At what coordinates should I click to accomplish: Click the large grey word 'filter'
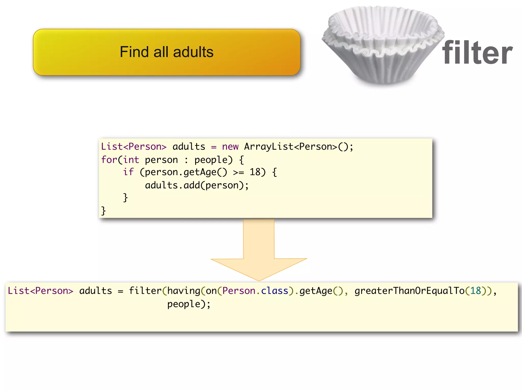pos(477,53)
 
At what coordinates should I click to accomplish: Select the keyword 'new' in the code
pos(230,147)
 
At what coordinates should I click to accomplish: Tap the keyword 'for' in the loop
pos(109,160)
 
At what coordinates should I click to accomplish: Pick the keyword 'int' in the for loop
pos(131,160)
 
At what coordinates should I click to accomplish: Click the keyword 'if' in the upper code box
pos(128,172)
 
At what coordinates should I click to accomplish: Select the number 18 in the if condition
pos(255,172)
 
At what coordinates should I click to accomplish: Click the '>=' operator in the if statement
pos(239,172)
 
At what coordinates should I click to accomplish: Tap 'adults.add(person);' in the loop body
pos(197,185)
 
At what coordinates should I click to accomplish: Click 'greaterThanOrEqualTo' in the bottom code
pos(409,291)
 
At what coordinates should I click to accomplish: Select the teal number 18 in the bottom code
pos(475,291)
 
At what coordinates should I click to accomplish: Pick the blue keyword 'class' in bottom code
pos(275,291)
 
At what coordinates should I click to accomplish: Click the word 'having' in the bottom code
pos(184,291)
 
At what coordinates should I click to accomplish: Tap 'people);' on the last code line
pos(189,304)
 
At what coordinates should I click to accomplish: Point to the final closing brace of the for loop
pos(103,211)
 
